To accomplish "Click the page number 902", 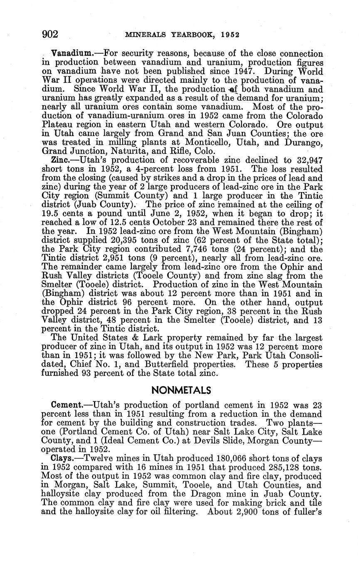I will click(x=50, y=34).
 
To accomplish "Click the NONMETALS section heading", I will click(x=181, y=390).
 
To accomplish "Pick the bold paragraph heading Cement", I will click(x=67, y=405).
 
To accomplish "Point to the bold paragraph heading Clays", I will click(x=62, y=458).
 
